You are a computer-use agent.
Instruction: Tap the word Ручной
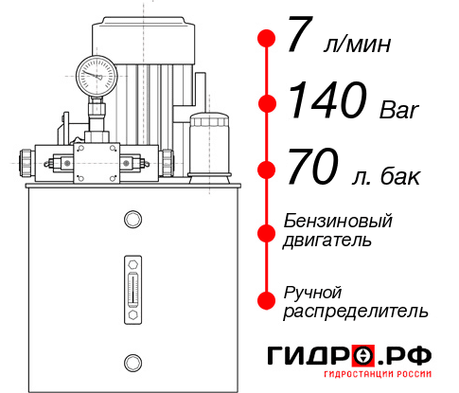[x=312, y=291]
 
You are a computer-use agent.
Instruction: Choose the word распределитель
[x=356, y=310]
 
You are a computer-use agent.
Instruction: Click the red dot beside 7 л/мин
[x=267, y=39]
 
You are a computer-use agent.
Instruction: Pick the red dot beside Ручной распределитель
[x=267, y=300]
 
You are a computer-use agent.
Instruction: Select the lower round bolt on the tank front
[x=132, y=360]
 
